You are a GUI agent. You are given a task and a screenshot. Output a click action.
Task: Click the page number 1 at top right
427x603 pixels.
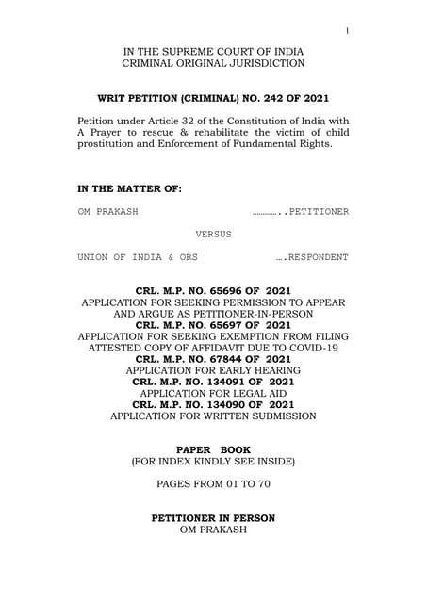347,31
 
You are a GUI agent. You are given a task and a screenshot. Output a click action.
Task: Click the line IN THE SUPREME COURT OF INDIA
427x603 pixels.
213,49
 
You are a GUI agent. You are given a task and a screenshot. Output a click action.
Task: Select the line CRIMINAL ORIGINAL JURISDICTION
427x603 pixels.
213,63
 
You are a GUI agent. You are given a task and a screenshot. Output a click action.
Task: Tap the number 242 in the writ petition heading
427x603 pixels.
266,98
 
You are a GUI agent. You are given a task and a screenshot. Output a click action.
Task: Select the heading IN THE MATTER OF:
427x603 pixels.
129,189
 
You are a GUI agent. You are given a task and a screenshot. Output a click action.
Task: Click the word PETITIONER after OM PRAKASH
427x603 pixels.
319,212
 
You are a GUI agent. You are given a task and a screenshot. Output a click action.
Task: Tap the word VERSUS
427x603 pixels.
213,234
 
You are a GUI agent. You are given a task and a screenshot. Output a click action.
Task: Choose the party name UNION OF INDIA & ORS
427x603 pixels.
138,257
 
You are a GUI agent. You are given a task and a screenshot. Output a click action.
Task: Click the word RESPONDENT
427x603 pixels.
318,257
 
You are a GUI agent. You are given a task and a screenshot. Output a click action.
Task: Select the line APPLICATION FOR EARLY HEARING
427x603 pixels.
213,370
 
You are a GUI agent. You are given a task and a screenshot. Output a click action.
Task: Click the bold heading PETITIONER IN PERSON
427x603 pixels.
213,518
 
